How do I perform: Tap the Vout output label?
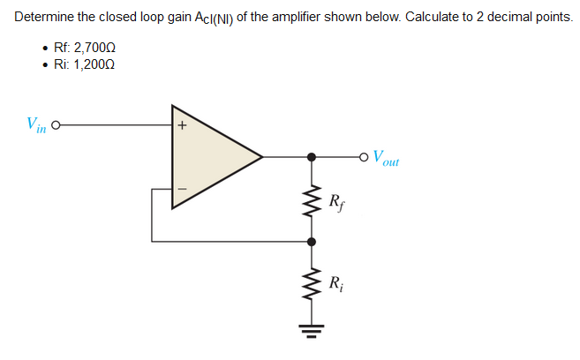click(386, 160)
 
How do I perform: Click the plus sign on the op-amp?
click(182, 125)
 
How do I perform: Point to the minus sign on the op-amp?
click(182, 188)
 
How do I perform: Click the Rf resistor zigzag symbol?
click(311, 201)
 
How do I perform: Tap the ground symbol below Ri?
click(311, 331)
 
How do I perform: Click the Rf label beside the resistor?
click(335, 201)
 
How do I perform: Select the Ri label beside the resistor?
click(335, 283)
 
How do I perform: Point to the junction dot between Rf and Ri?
click(311, 240)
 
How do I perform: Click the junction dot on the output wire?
click(311, 158)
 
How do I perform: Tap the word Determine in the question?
click(43, 18)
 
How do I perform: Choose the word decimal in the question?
click(503, 18)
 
